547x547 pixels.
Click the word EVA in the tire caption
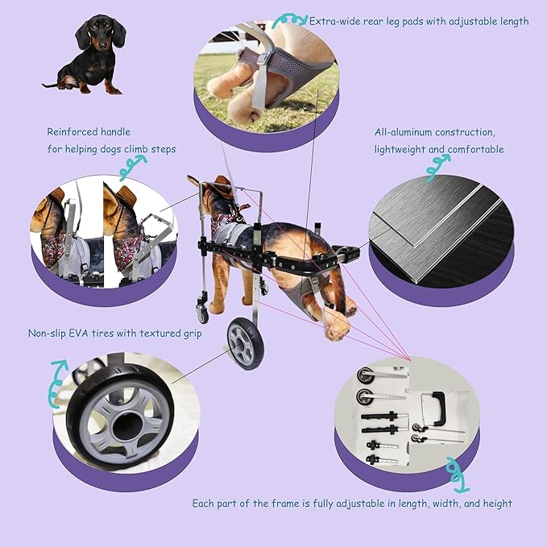tap(111, 332)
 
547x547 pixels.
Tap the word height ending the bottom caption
tap(496, 503)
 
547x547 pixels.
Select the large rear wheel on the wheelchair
tap(244, 343)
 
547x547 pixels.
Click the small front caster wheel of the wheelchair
tap(201, 309)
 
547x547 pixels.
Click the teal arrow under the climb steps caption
tap(132, 167)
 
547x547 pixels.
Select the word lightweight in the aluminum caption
tap(405, 149)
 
